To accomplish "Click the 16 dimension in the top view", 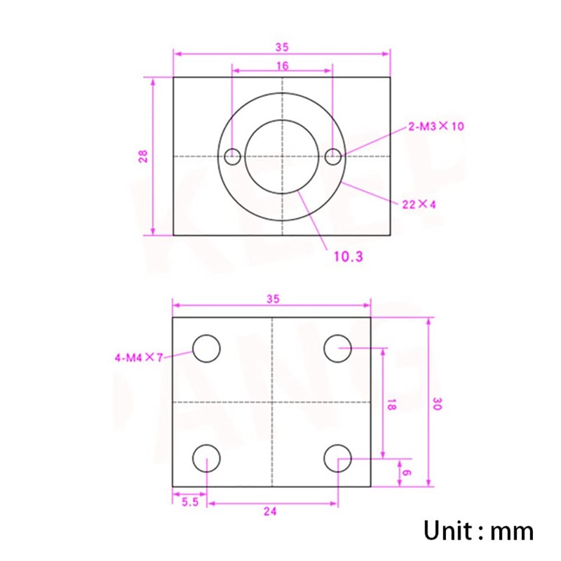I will (282, 65).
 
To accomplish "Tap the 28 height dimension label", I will (143, 156).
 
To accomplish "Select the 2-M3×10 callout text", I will (435, 127).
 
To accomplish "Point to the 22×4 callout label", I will (419, 205).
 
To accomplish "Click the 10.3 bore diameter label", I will (348, 257).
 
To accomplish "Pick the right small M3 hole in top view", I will (334, 156).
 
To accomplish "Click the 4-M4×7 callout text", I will (138, 358).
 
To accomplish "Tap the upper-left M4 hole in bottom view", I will (207, 349).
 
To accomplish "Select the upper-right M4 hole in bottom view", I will (338, 349).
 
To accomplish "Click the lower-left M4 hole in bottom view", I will (207, 459).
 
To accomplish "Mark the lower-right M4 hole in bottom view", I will (338, 459).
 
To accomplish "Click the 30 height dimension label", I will (437, 404).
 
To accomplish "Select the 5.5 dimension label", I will (189, 502).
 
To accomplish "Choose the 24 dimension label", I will (271, 512).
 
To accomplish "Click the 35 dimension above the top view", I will (282, 47).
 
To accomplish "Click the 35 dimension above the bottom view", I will (273, 299).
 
